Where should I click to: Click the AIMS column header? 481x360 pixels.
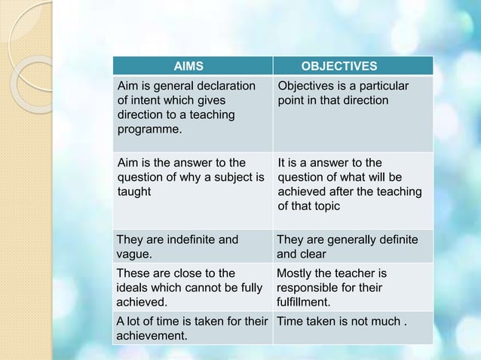coord(189,66)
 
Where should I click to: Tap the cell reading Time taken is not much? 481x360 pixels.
coord(342,322)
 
